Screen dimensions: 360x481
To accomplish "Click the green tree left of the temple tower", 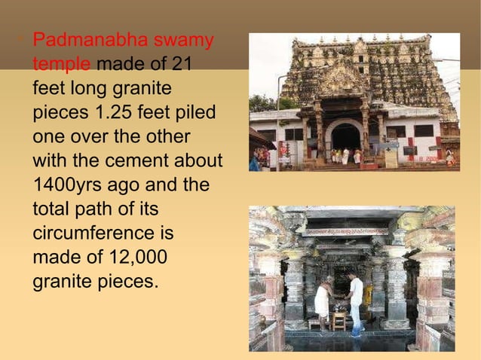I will click(x=263, y=103).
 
